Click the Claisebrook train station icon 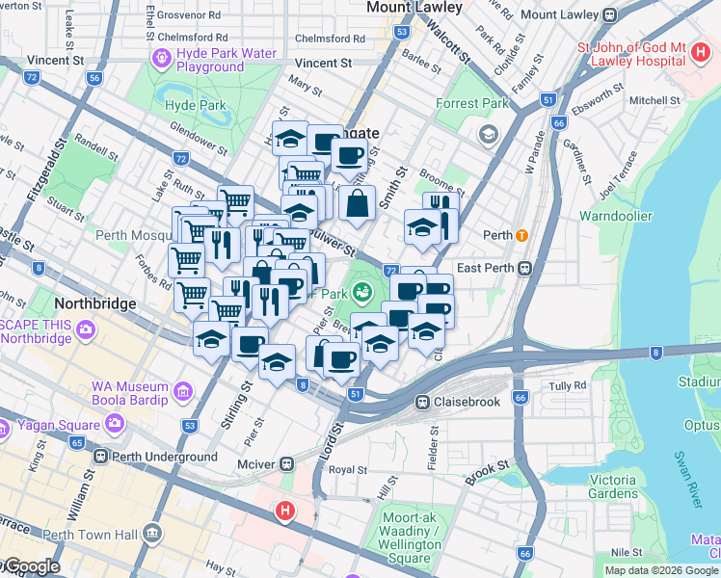(422, 402)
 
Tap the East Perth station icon (525, 268)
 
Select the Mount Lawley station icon (609, 15)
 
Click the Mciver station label (256, 464)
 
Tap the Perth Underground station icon (100, 456)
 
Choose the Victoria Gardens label (612, 486)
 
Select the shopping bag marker (357, 203)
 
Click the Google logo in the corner (32, 566)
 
